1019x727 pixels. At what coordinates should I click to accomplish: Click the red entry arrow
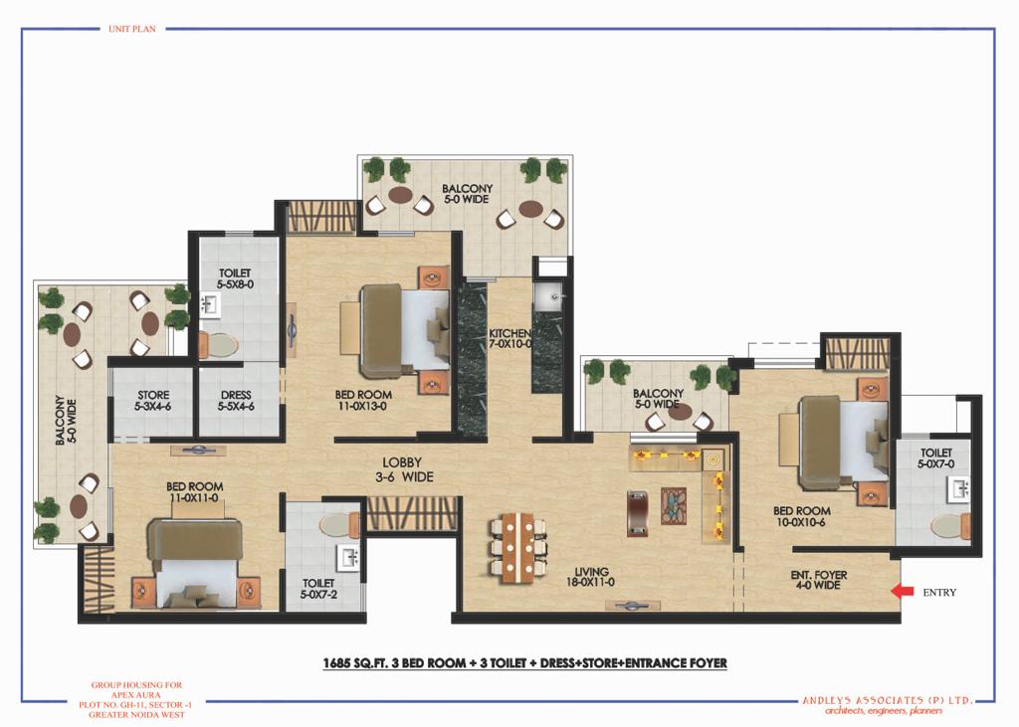[x=901, y=591]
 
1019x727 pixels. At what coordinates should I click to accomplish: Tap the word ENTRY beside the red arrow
[x=939, y=593]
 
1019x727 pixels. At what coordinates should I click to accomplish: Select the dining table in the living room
[x=517, y=547]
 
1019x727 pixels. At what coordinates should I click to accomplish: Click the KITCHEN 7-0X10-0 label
[x=510, y=338]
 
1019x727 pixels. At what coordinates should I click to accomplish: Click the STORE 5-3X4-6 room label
[x=153, y=400]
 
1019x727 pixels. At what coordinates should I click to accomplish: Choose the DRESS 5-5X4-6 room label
[x=236, y=400]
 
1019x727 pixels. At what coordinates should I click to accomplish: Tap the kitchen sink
[x=547, y=296]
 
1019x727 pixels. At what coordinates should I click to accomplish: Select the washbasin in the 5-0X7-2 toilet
[x=348, y=557]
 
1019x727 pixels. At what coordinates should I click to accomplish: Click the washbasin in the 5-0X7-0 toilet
[x=958, y=487]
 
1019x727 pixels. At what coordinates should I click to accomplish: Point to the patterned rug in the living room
[x=674, y=505]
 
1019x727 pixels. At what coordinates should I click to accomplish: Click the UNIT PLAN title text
[x=132, y=29]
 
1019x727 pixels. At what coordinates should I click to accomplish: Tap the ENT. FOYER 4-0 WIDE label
[x=819, y=580]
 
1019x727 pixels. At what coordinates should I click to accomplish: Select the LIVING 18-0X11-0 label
[x=590, y=577]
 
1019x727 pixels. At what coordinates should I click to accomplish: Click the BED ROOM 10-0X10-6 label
[x=802, y=516]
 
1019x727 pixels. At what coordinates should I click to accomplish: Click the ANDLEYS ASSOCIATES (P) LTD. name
[x=888, y=700]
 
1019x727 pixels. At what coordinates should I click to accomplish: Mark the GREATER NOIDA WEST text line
[x=137, y=715]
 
